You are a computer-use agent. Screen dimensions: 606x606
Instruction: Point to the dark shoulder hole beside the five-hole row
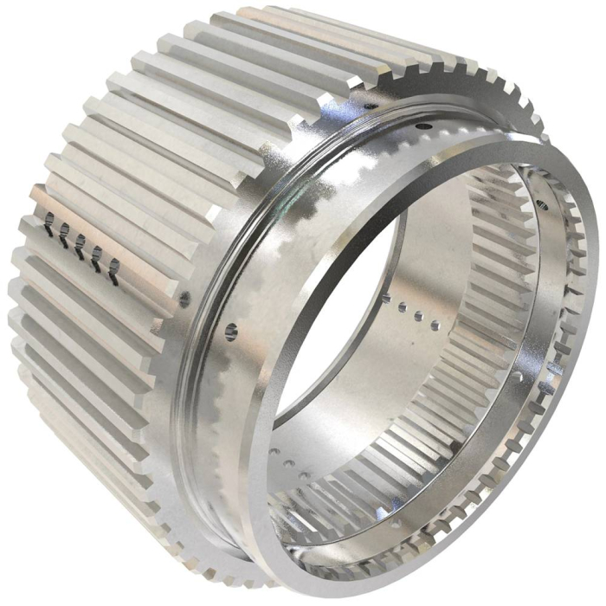coord(184,300)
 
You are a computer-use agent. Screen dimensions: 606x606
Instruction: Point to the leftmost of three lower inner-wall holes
coord(275,451)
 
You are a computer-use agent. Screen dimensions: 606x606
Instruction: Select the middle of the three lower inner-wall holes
coord(288,461)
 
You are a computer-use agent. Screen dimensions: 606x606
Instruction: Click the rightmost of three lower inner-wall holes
coord(302,473)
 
